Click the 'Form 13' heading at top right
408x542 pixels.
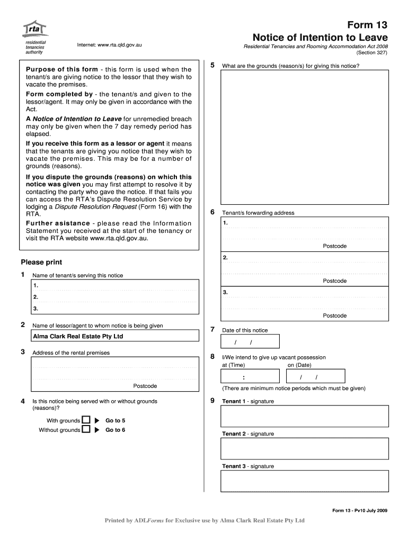(x=367, y=25)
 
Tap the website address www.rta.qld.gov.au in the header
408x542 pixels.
(x=109, y=45)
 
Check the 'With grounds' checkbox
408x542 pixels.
(x=86, y=420)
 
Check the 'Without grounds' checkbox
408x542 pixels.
(x=86, y=430)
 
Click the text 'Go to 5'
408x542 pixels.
(x=115, y=421)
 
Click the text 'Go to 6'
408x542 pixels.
(x=115, y=430)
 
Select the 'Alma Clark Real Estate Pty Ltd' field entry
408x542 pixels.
(x=78, y=336)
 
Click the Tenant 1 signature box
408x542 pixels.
(x=305, y=416)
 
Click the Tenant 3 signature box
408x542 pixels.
(x=305, y=481)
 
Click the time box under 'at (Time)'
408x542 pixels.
(x=250, y=377)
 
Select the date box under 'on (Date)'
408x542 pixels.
(x=315, y=377)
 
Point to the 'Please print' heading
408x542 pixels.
(x=41, y=262)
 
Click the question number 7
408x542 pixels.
(x=212, y=329)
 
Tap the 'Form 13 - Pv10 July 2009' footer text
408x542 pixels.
(x=360, y=510)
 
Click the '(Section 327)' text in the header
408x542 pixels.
(x=372, y=52)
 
